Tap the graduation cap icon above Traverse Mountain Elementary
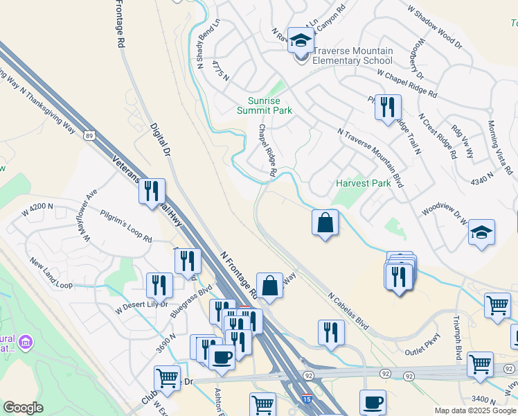click(301, 41)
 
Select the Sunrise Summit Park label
click(265, 105)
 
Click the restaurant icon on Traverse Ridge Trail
click(388, 107)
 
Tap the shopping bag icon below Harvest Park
click(325, 223)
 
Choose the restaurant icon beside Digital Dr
click(152, 191)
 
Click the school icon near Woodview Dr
click(481, 233)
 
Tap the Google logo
click(23, 408)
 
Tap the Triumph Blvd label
click(457, 343)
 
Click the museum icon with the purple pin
click(27, 341)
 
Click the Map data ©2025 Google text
click(474, 410)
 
